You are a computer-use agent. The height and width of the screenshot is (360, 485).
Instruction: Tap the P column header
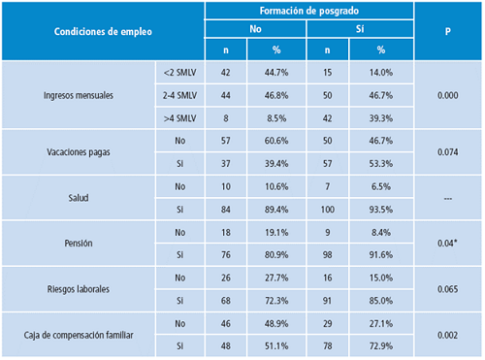pyautogui.click(x=448, y=31)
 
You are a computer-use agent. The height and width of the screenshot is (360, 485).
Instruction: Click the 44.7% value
pyautogui.click(x=277, y=74)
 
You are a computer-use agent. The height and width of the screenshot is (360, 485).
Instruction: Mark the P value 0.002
pyautogui.click(x=448, y=336)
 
